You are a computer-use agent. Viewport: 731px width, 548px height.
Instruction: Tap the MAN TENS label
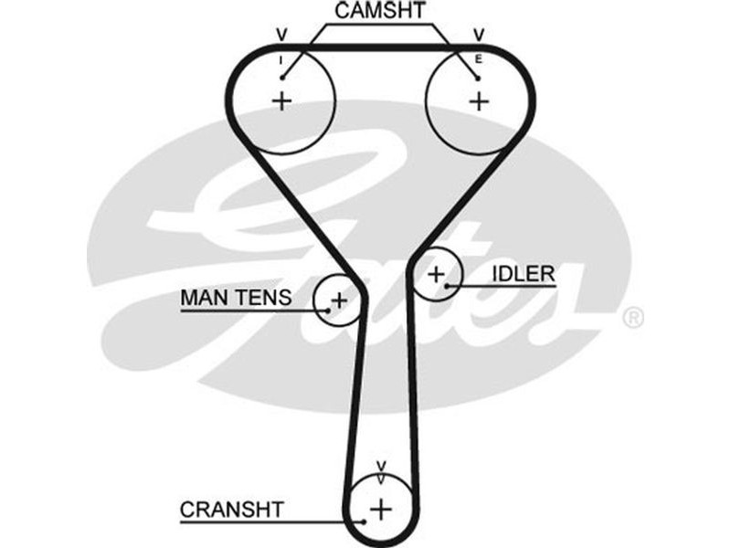(236, 297)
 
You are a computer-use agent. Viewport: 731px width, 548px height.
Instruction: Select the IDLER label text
(523, 273)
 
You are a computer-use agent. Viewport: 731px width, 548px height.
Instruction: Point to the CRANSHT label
(232, 510)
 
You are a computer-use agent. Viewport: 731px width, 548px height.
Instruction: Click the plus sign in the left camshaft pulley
(282, 100)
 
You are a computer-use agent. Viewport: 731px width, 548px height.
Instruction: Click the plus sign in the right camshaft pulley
(479, 100)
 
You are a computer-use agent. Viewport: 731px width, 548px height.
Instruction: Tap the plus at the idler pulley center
(437, 272)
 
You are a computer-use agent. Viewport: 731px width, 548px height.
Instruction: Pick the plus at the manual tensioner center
(339, 298)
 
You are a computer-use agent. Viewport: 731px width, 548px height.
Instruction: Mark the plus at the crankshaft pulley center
(381, 508)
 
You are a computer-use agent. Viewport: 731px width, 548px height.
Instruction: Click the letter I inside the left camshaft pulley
(281, 60)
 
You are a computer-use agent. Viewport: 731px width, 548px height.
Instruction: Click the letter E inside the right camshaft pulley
(478, 60)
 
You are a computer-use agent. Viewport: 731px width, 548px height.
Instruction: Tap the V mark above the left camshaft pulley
(281, 36)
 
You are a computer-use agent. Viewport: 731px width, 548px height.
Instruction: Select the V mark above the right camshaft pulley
(478, 36)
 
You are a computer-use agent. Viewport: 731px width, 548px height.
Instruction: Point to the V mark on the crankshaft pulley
(382, 468)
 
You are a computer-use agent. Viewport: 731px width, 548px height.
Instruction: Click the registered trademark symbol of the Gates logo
(632, 318)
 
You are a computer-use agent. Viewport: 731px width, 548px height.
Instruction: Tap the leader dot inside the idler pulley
(448, 287)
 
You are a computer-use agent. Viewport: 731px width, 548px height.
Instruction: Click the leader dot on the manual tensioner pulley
(327, 311)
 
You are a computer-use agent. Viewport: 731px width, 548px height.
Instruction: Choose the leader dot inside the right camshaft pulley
(478, 79)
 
